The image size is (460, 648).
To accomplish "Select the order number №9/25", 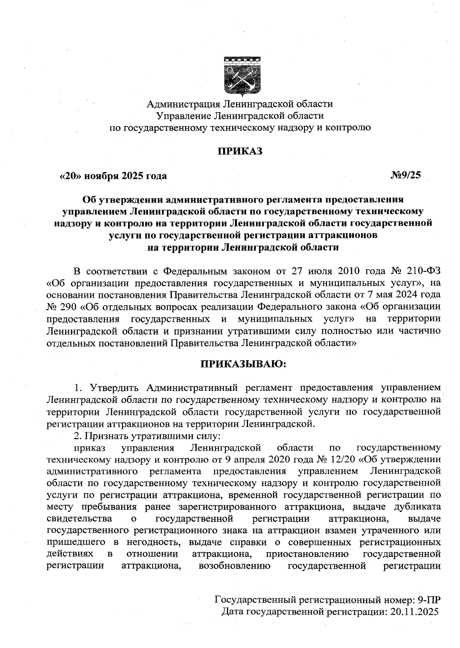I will tap(405, 176).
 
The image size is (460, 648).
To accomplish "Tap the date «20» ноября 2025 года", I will tap(113, 176).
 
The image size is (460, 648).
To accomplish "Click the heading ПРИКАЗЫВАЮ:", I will tap(244, 363).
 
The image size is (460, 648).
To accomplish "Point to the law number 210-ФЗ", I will tap(421, 271).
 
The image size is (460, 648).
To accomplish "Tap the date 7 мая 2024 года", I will tap(404, 295).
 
